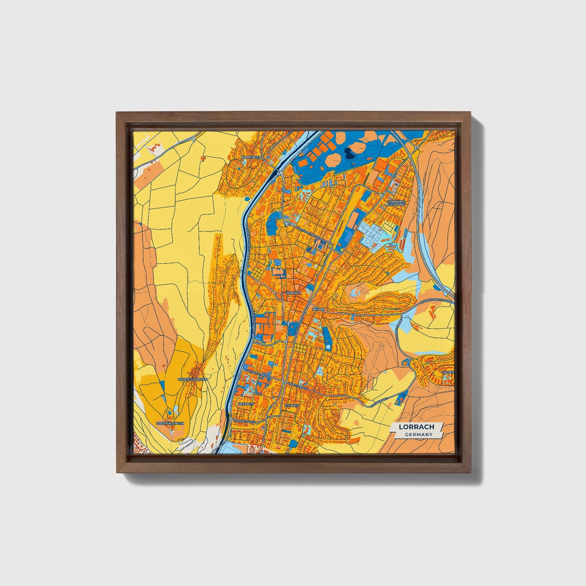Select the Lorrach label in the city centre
tap(293, 292)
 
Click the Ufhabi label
tap(318, 309)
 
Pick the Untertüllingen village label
tap(193, 379)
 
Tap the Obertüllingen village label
tap(170, 423)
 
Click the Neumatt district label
tap(247, 404)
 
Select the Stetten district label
tap(292, 405)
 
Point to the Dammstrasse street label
tap(244, 422)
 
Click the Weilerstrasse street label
tap(258, 374)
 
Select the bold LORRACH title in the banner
tap(416, 427)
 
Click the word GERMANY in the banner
tap(419, 434)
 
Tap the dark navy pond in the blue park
tap(349, 153)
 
